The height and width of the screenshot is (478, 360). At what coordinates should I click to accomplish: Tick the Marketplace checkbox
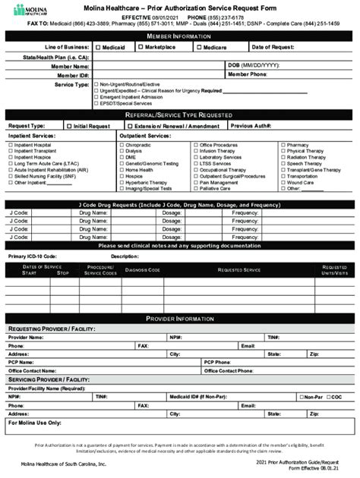(x=141, y=47)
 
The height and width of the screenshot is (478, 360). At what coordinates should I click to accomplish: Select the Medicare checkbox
(x=198, y=47)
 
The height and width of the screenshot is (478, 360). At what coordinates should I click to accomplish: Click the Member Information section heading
(x=179, y=36)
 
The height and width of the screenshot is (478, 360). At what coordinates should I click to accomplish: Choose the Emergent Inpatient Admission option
(x=125, y=96)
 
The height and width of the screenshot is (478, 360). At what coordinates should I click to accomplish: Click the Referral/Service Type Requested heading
(x=179, y=115)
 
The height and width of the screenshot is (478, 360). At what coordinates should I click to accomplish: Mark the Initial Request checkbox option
(x=70, y=126)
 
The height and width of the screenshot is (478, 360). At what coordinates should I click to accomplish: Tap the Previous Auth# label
(x=251, y=126)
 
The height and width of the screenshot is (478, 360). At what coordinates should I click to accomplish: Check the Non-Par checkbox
(x=302, y=396)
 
